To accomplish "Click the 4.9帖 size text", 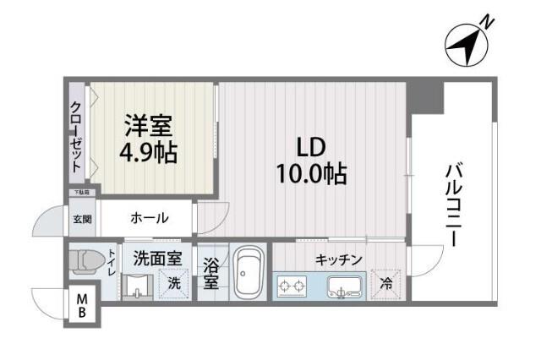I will [x=149, y=154].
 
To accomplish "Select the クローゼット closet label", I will [x=77, y=137].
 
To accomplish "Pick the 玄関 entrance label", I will [x=82, y=220].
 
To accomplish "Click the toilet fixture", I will [x=88, y=262].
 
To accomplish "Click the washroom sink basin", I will [x=136, y=287].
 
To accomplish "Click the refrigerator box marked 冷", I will [x=386, y=283].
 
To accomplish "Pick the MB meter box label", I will [x=83, y=306].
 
